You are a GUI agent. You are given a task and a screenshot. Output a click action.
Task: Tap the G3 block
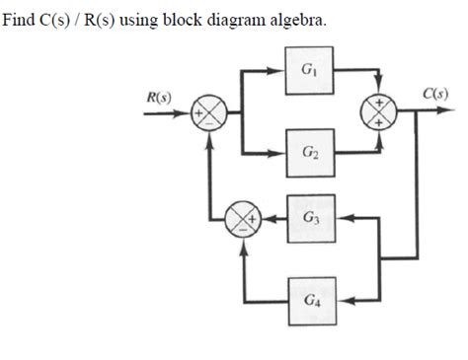point(310,216)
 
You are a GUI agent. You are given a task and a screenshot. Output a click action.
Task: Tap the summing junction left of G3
point(242,216)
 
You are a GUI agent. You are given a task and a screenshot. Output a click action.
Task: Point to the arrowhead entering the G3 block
point(342,216)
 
